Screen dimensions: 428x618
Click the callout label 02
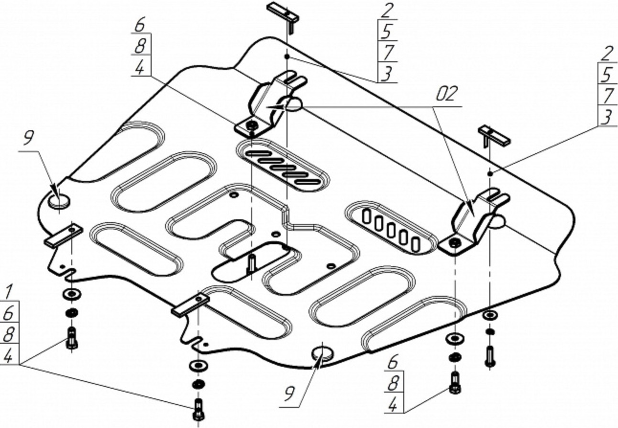(447, 94)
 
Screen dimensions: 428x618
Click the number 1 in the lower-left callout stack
(9, 291)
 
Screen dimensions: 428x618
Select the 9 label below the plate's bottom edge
(288, 394)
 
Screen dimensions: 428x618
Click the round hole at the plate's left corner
(59, 200)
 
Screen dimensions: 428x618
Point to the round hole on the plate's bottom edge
(323, 353)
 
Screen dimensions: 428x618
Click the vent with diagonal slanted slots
(283, 165)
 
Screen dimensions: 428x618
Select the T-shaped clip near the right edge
(494, 136)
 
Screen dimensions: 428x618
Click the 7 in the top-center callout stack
(386, 52)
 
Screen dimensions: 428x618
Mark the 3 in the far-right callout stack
(607, 117)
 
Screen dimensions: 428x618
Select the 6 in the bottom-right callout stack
(392, 363)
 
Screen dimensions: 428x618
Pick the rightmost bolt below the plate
(490, 356)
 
